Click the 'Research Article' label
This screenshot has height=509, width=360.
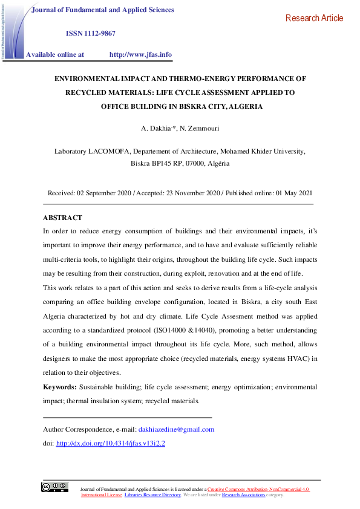314,18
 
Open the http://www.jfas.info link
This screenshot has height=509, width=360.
140,54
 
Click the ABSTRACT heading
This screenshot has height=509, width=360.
62,218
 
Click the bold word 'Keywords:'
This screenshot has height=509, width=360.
60,387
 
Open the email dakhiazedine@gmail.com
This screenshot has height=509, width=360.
177,430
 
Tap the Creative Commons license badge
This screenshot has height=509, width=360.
54,487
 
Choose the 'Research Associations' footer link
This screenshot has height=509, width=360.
243,494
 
